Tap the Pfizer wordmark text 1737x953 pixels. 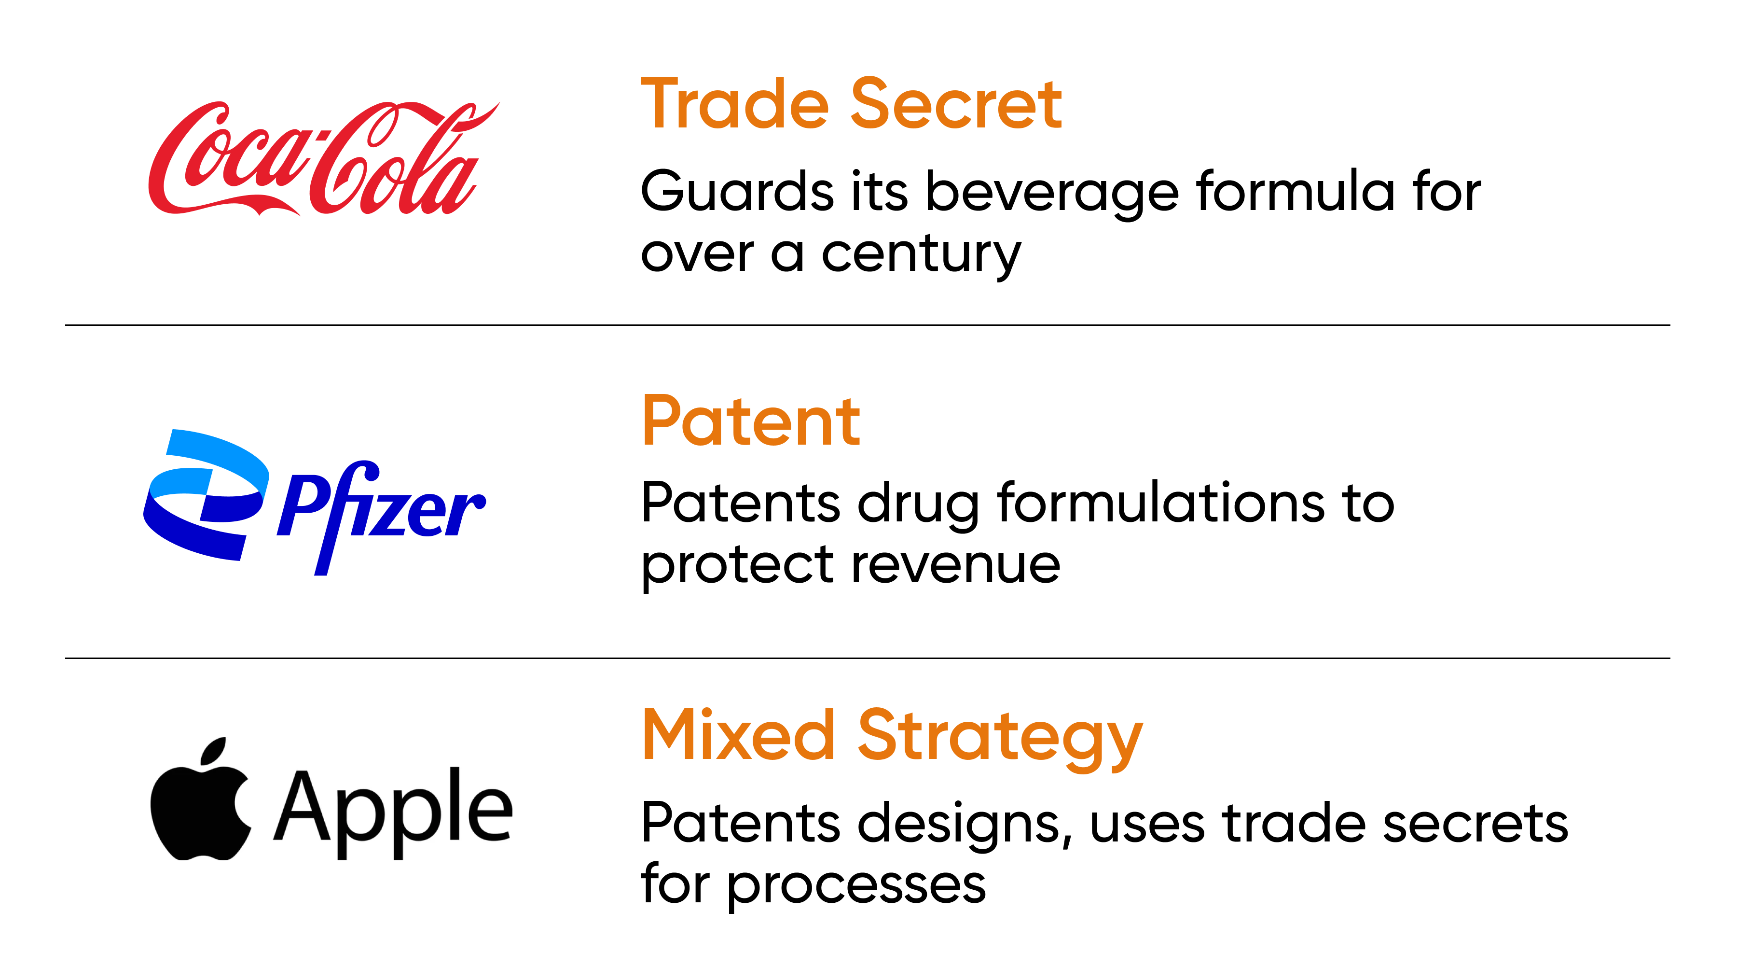pyautogui.click(x=381, y=513)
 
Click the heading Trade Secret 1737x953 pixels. pyautogui.click(x=851, y=105)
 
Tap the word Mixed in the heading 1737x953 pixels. pyautogui.click(x=738, y=735)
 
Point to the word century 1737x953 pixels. pyautogui.click(x=921, y=255)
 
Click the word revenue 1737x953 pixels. pyautogui.click(x=955, y=565)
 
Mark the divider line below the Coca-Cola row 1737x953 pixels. pyautogui.click(x=867, y=325)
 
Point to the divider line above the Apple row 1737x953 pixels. pyautogui.click(x=867, y=658)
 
